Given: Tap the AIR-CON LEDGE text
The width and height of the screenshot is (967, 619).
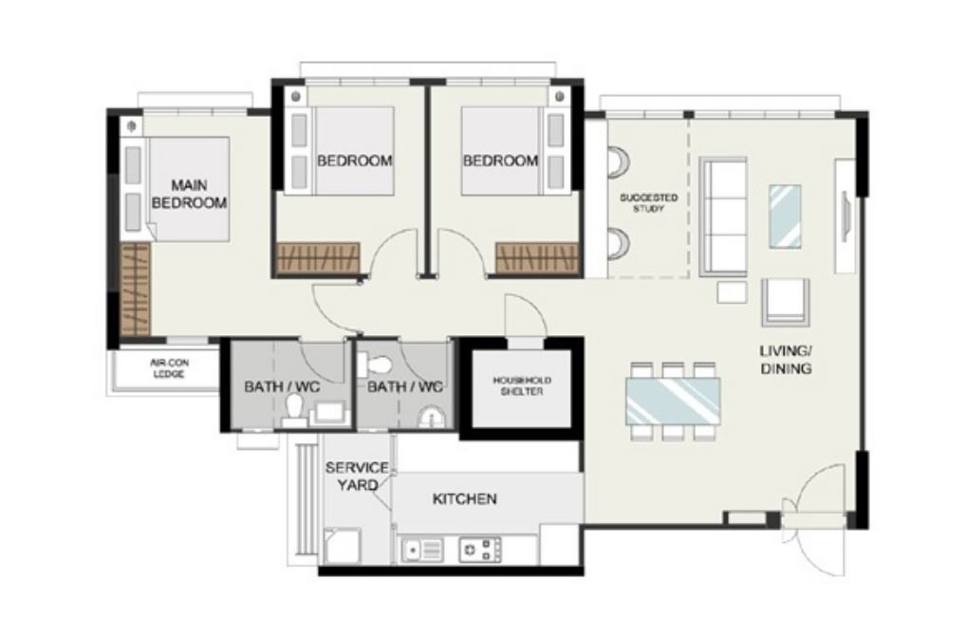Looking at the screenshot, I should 167,368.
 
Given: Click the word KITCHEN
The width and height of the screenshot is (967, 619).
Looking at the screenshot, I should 464,498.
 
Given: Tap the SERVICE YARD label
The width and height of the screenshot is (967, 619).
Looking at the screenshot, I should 356,476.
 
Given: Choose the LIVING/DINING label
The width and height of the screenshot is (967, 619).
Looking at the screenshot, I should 785,360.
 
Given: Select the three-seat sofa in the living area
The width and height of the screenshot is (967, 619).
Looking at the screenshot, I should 722,216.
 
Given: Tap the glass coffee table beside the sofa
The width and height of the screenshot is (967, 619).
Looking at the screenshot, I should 785,216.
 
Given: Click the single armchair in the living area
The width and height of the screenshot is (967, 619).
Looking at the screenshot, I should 785,302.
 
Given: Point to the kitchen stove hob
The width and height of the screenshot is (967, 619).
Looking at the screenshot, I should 479,549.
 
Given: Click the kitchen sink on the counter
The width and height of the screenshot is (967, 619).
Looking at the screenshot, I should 421,549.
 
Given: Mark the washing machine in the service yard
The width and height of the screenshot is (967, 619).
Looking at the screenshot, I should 339,547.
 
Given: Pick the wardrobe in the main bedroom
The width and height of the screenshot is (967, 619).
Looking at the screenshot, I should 136,288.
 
